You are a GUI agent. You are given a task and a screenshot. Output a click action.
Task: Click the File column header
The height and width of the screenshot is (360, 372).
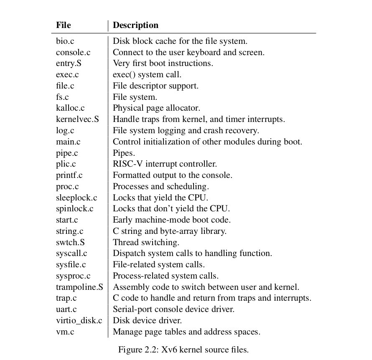[x=64, y=25]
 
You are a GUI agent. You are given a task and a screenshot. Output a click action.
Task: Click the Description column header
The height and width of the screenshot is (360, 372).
[x=135, y=25]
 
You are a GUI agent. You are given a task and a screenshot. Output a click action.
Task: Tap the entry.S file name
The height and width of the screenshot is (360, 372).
[x=69, y=63]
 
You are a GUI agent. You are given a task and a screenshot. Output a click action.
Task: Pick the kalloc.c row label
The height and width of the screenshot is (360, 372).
[x=70, y=108]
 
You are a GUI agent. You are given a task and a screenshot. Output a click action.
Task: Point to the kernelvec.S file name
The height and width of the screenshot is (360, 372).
[x=77, y=119]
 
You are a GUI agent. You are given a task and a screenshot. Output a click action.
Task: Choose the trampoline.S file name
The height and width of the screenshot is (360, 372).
[x=79, y=287]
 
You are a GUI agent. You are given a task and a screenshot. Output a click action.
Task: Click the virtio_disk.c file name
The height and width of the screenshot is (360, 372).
[x=79, y=321]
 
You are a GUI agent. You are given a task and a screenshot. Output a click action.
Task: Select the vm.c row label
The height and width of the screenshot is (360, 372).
[x=65, y=332]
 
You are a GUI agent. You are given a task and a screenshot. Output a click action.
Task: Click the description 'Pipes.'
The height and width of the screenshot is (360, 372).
[x=124, y=153]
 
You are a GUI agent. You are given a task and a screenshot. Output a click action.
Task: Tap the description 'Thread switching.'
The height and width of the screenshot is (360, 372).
[x=146, y=242]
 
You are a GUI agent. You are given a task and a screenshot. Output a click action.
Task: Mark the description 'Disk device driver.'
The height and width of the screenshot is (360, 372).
[x=147, y=321]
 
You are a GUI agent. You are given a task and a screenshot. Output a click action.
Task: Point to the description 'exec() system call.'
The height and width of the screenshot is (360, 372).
[x=147, y=75]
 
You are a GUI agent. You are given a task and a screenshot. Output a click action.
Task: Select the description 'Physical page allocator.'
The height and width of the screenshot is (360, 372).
[x=156, y=108]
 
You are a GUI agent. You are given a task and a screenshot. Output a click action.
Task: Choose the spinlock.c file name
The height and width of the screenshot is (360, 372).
[x=75, y=208]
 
